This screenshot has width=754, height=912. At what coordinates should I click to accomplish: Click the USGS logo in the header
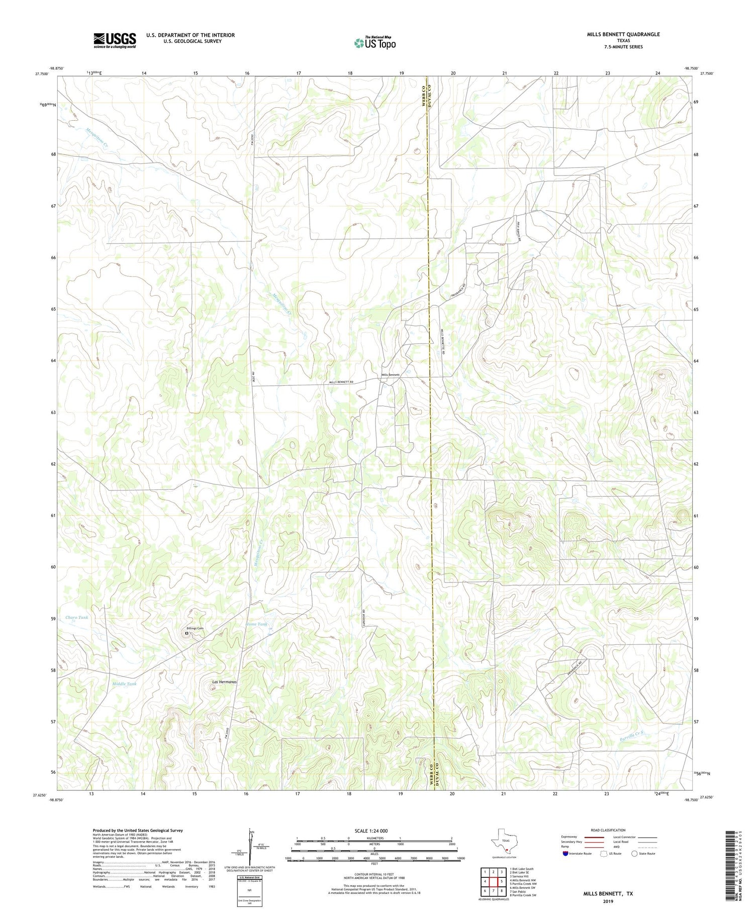click(115, 40)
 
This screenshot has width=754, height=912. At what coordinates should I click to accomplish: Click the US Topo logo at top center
click(374, 43)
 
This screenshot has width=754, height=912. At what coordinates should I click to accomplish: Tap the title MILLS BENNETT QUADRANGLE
click(616, 34)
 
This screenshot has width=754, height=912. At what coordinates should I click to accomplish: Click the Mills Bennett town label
click(391, 375)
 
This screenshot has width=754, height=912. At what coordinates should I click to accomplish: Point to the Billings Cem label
click(195, 628)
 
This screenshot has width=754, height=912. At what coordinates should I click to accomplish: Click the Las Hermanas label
click(224, 682)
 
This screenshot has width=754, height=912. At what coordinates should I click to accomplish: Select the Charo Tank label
click(76, 617)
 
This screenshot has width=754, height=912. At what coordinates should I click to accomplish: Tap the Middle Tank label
click(124, 684)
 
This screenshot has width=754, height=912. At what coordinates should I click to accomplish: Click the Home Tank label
click(256, 624)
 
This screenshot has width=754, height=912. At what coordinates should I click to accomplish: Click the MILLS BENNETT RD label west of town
click(341, 382)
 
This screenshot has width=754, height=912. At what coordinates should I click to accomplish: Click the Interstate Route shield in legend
click(566, 854)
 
